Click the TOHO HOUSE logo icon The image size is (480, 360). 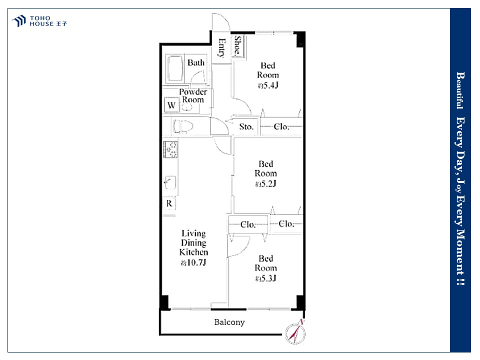(x=19, y=21)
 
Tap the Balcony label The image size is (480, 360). (x=229, y=322)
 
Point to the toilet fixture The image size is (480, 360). (x=183, y=126)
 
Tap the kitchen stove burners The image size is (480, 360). (x=170, y=149)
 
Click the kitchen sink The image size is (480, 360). (x=170, y=183)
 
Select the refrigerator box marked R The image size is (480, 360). (x=169, y=203)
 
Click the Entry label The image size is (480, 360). (x=221, y=48)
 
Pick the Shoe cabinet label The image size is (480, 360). (x=237, y=46)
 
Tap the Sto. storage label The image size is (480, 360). (x=246, y=126)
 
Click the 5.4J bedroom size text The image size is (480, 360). (x=268, y=85)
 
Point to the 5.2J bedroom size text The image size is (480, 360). (x=265, y=183)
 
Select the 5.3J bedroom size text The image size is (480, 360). (x=265, y=278)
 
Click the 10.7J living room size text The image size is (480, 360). (x=193, y=262)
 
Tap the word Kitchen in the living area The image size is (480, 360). (x=194, y=252)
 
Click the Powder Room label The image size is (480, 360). (x=193, y=96)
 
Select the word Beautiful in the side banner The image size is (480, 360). (x=460, y=90)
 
